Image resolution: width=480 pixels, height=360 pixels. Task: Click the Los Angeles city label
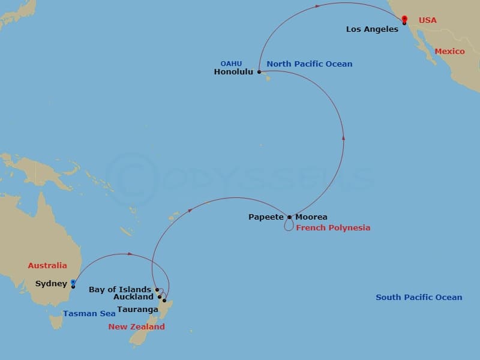372,29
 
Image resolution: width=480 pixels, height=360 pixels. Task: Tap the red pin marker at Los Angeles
404,19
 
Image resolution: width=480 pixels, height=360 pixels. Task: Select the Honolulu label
234,71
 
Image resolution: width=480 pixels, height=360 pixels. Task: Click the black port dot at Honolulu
259,72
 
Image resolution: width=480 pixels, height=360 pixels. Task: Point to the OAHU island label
231,63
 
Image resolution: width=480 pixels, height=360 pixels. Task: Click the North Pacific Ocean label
309,64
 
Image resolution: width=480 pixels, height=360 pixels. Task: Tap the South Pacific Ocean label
419,297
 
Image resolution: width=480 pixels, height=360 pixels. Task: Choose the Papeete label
266,217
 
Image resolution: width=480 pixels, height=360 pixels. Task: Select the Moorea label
311,217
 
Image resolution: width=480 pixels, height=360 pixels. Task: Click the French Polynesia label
333,227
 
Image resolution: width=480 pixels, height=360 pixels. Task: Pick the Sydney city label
51,283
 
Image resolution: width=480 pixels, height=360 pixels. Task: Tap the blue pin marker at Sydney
73,281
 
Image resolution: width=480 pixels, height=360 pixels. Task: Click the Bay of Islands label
120,290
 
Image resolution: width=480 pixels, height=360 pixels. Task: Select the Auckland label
133,297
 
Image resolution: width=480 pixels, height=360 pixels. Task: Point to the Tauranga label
137,310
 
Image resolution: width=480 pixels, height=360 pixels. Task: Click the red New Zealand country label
136,326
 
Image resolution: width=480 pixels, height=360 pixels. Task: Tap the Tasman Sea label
89,313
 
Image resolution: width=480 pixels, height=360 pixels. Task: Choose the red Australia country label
47,265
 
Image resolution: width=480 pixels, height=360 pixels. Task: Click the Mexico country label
449,51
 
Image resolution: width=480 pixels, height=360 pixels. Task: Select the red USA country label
427,20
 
